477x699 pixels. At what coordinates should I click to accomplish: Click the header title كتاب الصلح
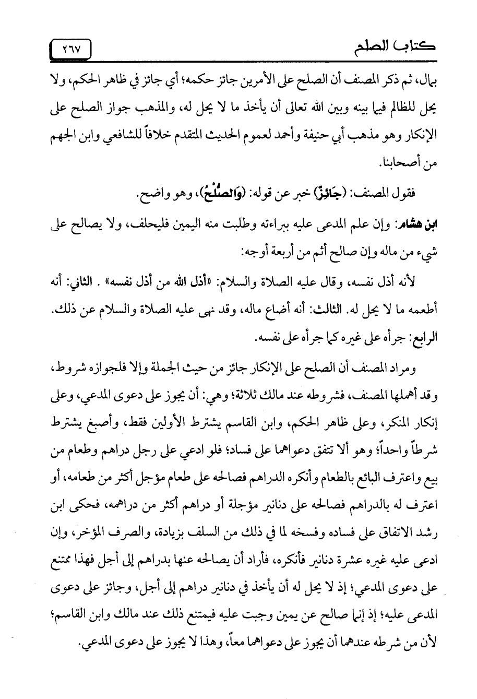tap(399, 50)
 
